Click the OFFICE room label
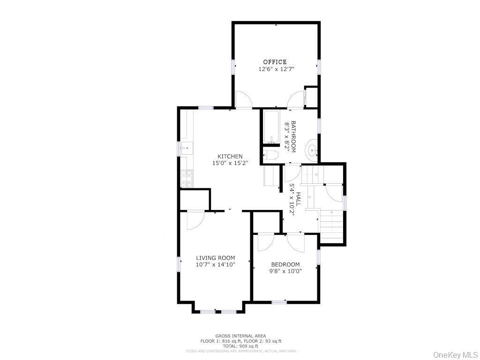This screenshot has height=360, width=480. point(275,62)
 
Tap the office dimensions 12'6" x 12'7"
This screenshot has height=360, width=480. point(276,69)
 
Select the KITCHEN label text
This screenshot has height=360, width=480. point(230,157)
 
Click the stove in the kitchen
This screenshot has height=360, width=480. point(186,178)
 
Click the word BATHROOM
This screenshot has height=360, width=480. point(294,136)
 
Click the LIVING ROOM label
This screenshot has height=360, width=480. point(215,258)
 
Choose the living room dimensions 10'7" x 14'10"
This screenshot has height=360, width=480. point(215,264)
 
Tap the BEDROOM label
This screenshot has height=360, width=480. point(285,264)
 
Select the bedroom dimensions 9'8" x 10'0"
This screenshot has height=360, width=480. point(285,271)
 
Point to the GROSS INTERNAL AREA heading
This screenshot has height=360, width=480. point(240,336)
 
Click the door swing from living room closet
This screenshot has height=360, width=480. point(195,220)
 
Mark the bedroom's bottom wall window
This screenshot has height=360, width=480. point(279,302)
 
